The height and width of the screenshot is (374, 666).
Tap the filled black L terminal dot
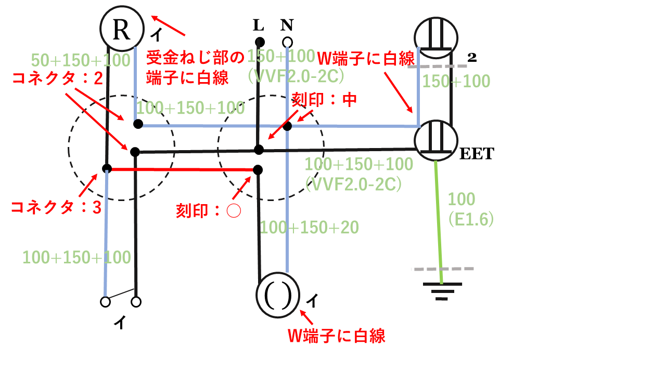click(259, 42)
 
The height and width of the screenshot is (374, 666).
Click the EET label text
click(476, 154)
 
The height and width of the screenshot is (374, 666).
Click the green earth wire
click(439, 218)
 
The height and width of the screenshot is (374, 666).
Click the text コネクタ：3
click(56, 208)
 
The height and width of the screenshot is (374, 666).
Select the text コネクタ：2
click(56, 78)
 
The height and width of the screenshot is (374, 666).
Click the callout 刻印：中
click(324, 100)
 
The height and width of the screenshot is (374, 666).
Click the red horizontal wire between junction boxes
click(182, 169)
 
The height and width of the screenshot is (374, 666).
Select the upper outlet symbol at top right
click(436, 36)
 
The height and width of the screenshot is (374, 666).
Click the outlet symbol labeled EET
click(436, 140)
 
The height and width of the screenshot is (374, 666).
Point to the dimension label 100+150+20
click(309, 227)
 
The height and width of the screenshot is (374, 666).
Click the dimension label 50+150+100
click(81, 60)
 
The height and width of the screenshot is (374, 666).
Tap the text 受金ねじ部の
click(195, 57)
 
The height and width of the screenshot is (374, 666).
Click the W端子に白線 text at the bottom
click(337, 336)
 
